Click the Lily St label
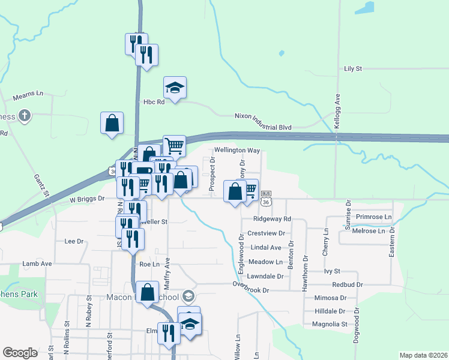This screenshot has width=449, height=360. tap(353, 69)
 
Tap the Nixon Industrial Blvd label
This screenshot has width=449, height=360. tap(262, 127)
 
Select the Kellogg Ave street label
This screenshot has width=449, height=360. tap(337, 106)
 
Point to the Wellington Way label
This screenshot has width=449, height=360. tap(238, 151)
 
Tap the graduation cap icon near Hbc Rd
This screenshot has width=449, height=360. tap(175, 88)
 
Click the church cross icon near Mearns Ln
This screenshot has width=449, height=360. tap(24, 115)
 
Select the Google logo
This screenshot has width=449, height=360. tap(20, 353)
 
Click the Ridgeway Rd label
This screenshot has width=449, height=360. tap(272, 219)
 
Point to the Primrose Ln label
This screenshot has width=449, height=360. tap(373, 216)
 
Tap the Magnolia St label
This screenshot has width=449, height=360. tap(330, 324)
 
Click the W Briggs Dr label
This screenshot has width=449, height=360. tap(87, 198)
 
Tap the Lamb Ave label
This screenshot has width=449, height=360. tap(37, 263)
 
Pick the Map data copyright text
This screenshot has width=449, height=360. tap(423, 355)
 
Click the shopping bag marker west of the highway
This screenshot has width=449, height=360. tap(112, 124)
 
